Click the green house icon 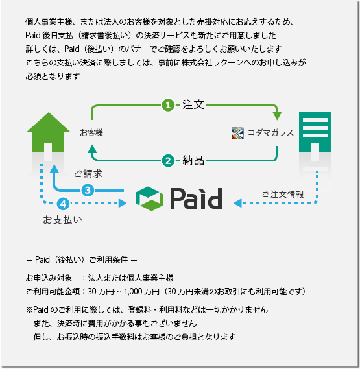tap(48, 132)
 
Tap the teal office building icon tap(315, 132)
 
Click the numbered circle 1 tap(168, 105)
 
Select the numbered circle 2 tap(168, 161)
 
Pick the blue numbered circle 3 tap(88, 190)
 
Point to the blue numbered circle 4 tap(63, 204)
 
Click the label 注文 tap(193, 104)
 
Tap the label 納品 tap(193, 161)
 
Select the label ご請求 tap(88, 174)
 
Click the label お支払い tap(63, 220)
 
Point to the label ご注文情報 tap(283, 195)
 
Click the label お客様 tap(91, 133)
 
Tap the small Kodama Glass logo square tap(237, 133)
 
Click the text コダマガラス tap(270, 133)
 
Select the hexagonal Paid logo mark tap(149, 199)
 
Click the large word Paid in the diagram tap(196, 198)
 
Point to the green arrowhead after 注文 tap(277, 116)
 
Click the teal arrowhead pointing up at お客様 tap(93, 149)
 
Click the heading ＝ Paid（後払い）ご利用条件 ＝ tap(82, 260)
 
